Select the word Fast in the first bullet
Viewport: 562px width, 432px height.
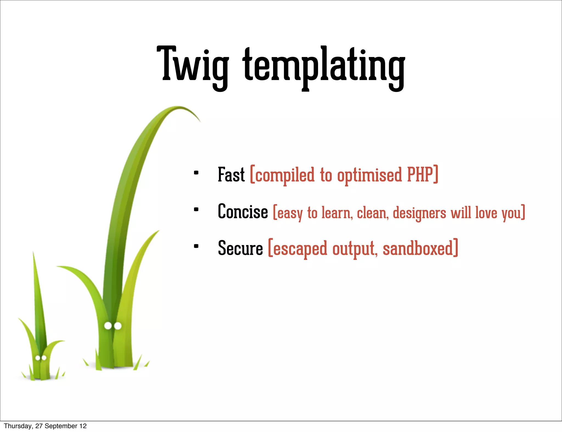click(231, 175)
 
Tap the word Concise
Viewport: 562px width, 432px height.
click(243, 212)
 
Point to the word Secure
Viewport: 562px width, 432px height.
click(240, 248)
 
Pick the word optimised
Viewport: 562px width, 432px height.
click(369, 175)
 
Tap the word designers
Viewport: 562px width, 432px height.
click(419, 213)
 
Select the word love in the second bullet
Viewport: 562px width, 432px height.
click(486, 212)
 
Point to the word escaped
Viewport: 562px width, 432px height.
click(300, 249)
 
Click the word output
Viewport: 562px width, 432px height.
click(354, 249)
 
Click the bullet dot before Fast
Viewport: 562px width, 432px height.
click(196, 173)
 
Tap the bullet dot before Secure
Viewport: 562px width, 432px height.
click(196, 246)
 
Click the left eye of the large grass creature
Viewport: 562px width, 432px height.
click(108, 326)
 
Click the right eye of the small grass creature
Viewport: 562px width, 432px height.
click(44, 358)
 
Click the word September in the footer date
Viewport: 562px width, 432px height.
click(61, 426)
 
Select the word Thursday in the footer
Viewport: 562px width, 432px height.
click(18, 426)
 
